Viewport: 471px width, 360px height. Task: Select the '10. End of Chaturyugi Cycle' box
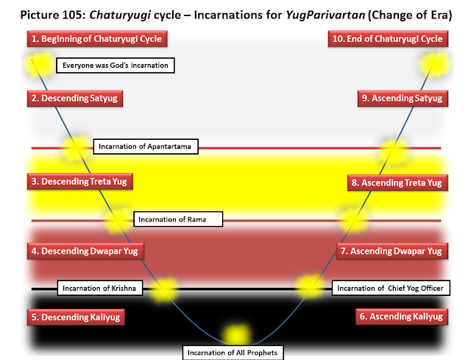[385, 38]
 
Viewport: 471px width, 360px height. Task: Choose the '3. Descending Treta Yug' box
[79, 181]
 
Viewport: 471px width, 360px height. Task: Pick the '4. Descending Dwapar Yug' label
[84, 251]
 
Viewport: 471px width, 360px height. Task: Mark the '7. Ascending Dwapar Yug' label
[391, 251]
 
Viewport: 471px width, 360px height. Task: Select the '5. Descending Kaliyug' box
[75, 317]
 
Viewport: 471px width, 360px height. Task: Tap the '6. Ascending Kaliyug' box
[400, 317]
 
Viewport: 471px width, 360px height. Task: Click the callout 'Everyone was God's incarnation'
[116, 66]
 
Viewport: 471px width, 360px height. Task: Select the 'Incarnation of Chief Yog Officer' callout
[389, 287]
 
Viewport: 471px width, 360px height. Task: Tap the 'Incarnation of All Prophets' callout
[232, 353]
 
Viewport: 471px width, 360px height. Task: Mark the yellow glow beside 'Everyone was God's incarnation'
[36, 65]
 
